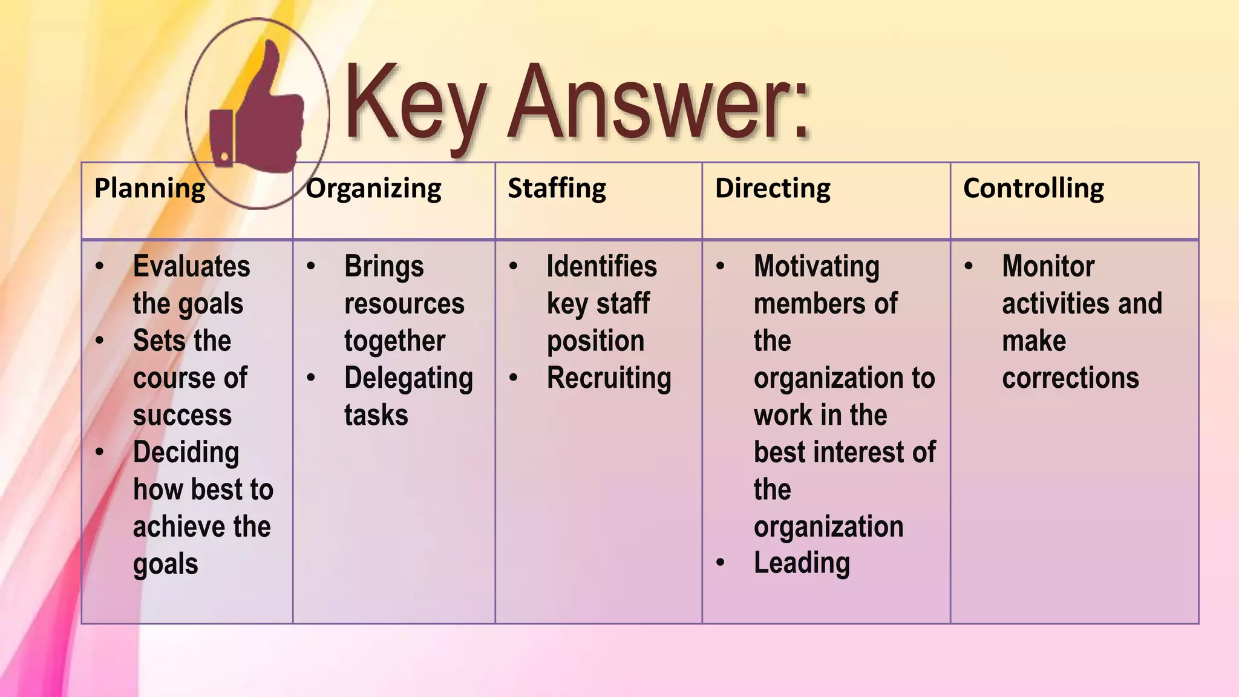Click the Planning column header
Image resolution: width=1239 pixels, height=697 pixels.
coord(150,189)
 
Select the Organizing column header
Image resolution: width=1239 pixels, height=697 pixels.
coord(373,189)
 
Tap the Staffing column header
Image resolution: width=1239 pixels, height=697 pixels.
coord(557,189)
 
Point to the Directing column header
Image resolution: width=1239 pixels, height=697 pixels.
coord(773,189)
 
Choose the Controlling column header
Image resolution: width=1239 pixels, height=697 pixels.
coord(1033,189)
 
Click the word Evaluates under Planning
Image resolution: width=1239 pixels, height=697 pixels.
coord(191,267)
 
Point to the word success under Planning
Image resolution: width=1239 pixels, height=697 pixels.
coord(182,416)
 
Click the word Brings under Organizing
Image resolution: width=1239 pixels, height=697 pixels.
coord(384,267)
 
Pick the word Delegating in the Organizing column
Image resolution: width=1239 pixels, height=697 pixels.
coord(408,379)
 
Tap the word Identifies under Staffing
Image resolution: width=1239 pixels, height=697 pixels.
coord(601,267)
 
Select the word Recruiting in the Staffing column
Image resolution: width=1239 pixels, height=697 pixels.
coord(609,379)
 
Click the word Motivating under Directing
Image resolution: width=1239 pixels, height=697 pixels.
coord(816,267)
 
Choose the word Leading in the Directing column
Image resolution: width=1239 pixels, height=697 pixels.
coord(802,563)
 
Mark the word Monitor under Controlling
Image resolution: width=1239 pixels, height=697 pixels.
coord(1048,267)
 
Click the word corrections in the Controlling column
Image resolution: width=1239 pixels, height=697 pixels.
coord(1070,379)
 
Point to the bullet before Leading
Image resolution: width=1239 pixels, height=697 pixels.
coord(720,563)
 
